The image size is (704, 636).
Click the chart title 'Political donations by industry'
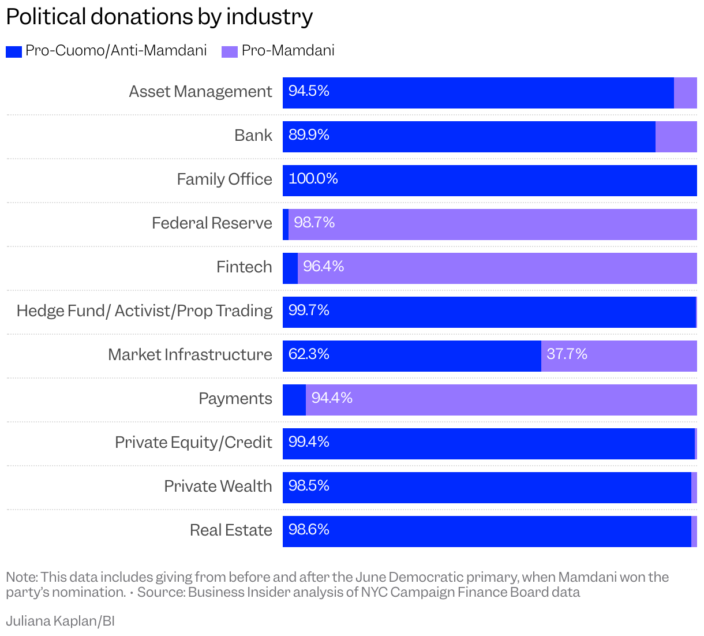point(159,17)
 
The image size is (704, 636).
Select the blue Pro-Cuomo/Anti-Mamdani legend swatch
point(14,51)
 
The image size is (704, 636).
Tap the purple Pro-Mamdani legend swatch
point(230,51)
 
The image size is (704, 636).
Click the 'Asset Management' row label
point(200,92)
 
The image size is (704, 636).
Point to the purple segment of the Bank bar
point(676,137)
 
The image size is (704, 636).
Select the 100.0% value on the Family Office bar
point(313,179)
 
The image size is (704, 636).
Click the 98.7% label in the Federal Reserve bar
point(314,223)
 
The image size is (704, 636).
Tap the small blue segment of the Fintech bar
point(290,268)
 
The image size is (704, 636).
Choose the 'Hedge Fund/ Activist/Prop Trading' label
point(144,311)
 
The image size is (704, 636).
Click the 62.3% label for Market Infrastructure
point(309,354)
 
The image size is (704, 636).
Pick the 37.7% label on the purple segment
point(567,354)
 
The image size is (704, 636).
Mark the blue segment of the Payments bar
point(294,400)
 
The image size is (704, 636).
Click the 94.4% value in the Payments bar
point(332,398)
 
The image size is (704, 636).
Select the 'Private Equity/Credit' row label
point(193,443)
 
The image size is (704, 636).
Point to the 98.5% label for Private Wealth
point(309,486)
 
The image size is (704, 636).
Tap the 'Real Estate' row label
point(231,530)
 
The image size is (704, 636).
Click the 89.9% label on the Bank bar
point(309,135)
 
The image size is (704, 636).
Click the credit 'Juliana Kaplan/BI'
point(61,621)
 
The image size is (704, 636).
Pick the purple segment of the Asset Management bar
point(686,93)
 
